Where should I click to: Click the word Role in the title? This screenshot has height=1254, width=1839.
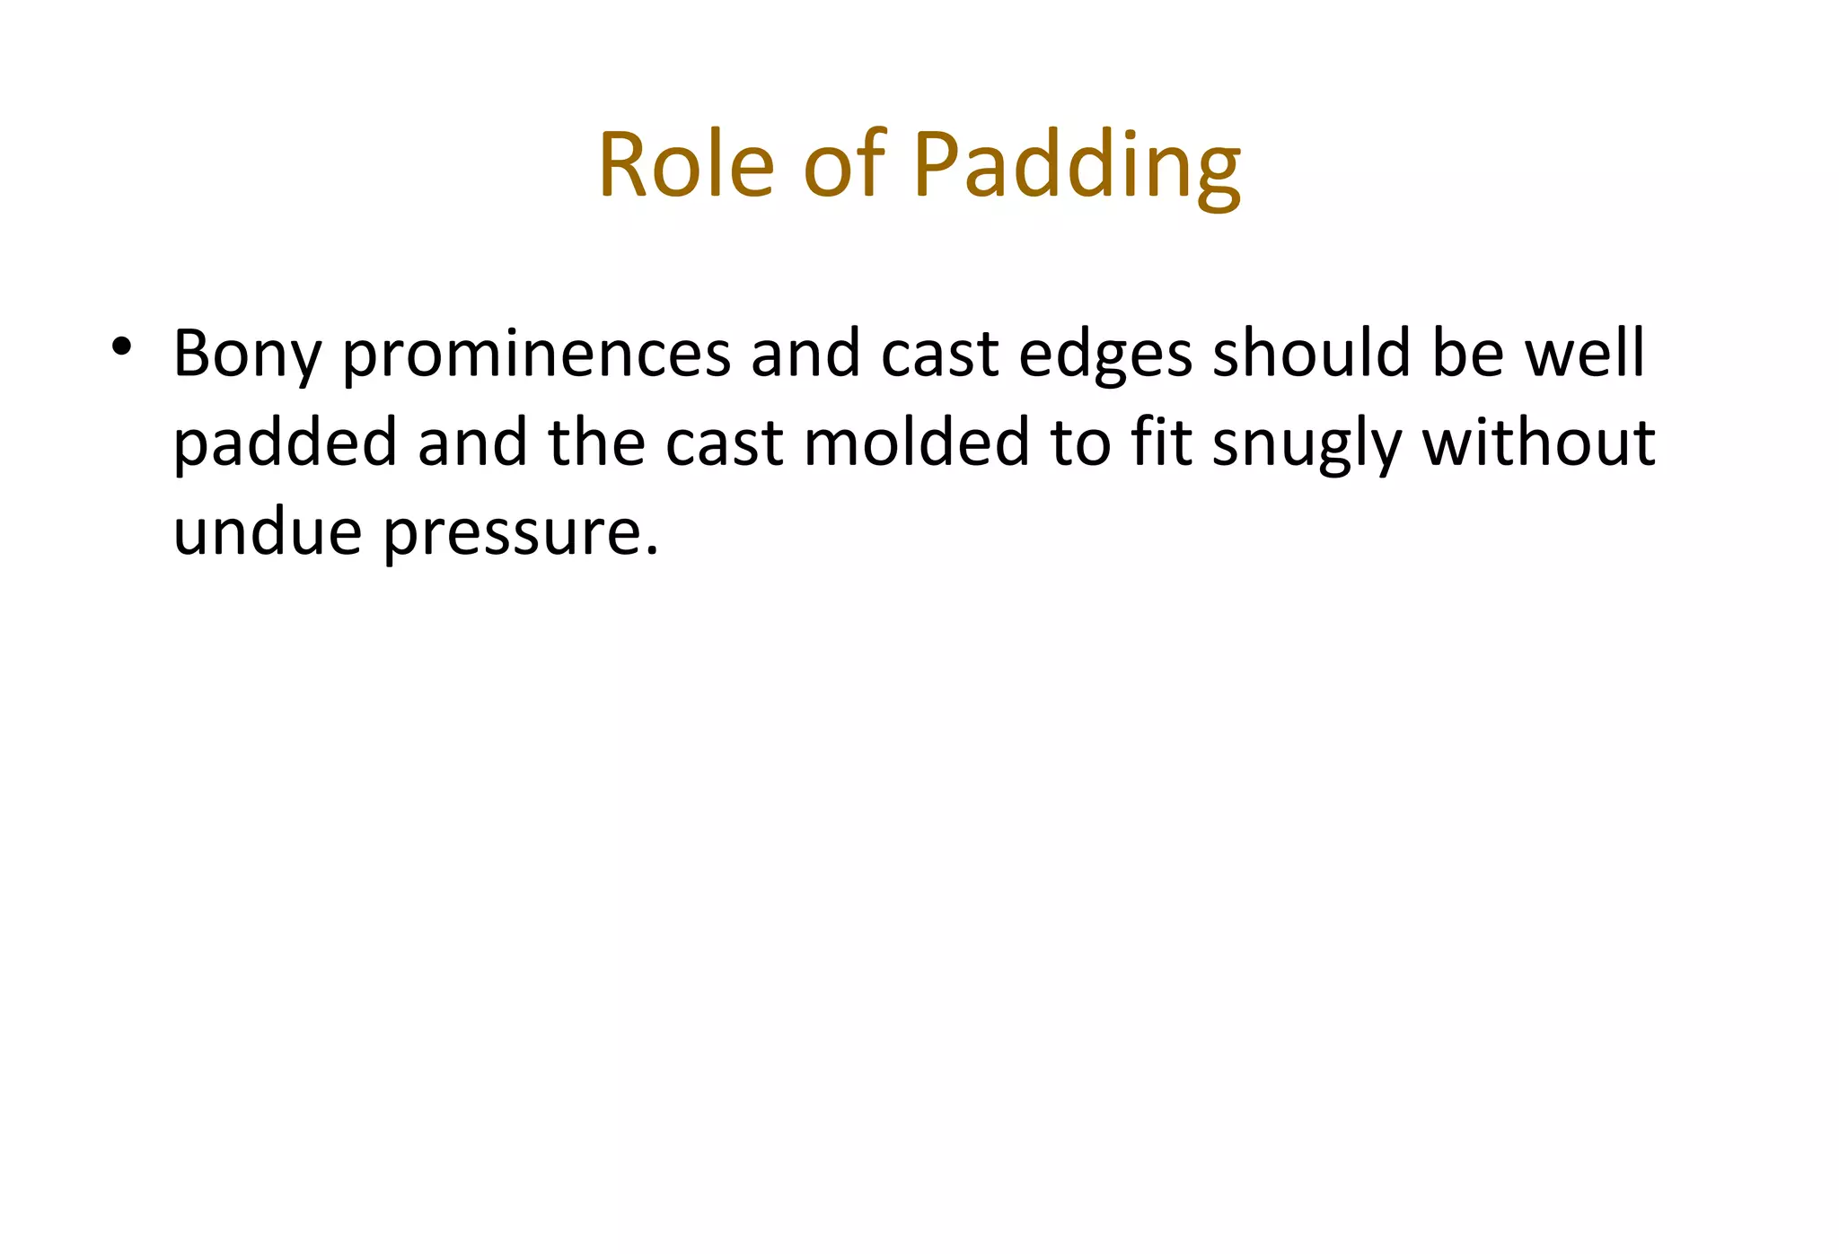685,165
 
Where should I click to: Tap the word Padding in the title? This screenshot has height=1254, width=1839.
1077,167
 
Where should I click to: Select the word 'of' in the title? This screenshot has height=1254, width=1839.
845,165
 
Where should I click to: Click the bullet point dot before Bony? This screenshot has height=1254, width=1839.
122,346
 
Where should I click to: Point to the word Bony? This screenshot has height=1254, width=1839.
247,355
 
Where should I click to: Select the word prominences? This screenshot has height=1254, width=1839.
537,355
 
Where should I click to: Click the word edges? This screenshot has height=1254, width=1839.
1104,355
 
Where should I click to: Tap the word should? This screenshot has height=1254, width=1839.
1311,353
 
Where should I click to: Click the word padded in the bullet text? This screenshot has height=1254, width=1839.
285,443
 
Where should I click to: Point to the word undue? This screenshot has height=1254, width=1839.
267,531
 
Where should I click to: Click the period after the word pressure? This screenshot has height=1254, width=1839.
653,549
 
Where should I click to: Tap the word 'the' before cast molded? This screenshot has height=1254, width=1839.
596,443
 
